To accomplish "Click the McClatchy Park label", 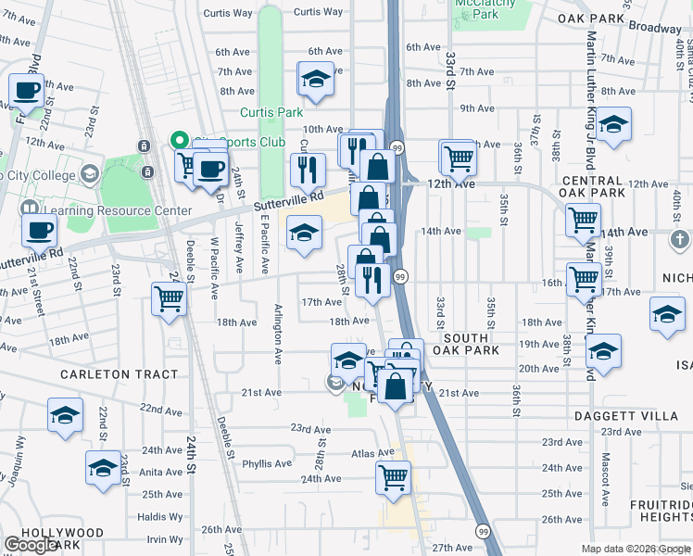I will pos(491,8).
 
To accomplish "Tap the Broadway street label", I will pos(656,28).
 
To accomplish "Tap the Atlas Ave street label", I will pos(367,453).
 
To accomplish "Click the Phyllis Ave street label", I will pos(267,463).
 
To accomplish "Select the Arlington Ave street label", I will pos(278,334).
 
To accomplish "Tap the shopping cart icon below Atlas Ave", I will pos(394,477).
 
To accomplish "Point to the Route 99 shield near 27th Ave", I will pos(484,531).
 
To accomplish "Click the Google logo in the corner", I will pos(31,545).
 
